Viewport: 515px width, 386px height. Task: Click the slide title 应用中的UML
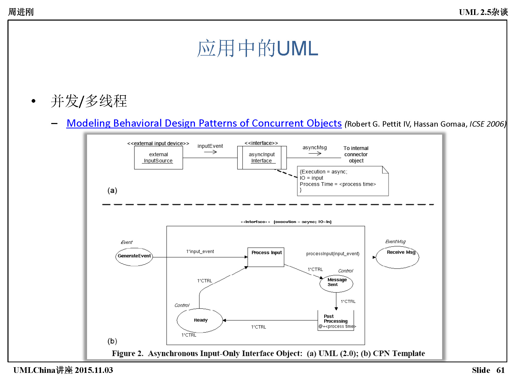257,48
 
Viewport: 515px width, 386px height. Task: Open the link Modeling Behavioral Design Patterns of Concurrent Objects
204,123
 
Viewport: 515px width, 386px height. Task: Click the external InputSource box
158,157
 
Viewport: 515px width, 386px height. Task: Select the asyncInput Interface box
262,157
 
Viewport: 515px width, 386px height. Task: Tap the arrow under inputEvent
210,152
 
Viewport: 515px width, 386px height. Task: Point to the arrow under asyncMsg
315,153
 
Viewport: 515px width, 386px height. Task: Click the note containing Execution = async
342,181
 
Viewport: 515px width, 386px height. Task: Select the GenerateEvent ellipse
134,257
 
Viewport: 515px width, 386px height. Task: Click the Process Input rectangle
266,257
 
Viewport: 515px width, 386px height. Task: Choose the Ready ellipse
200,320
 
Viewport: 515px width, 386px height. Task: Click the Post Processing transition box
336,321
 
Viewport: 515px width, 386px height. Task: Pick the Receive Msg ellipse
397,257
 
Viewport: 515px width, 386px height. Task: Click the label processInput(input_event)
333,254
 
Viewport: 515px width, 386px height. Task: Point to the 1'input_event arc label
200,251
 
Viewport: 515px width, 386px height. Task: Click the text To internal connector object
356,154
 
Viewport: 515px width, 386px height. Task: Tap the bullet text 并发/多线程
89,101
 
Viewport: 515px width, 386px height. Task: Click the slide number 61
500,370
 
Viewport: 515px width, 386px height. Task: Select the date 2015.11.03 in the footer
94,370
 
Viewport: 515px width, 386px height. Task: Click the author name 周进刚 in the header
21,12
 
